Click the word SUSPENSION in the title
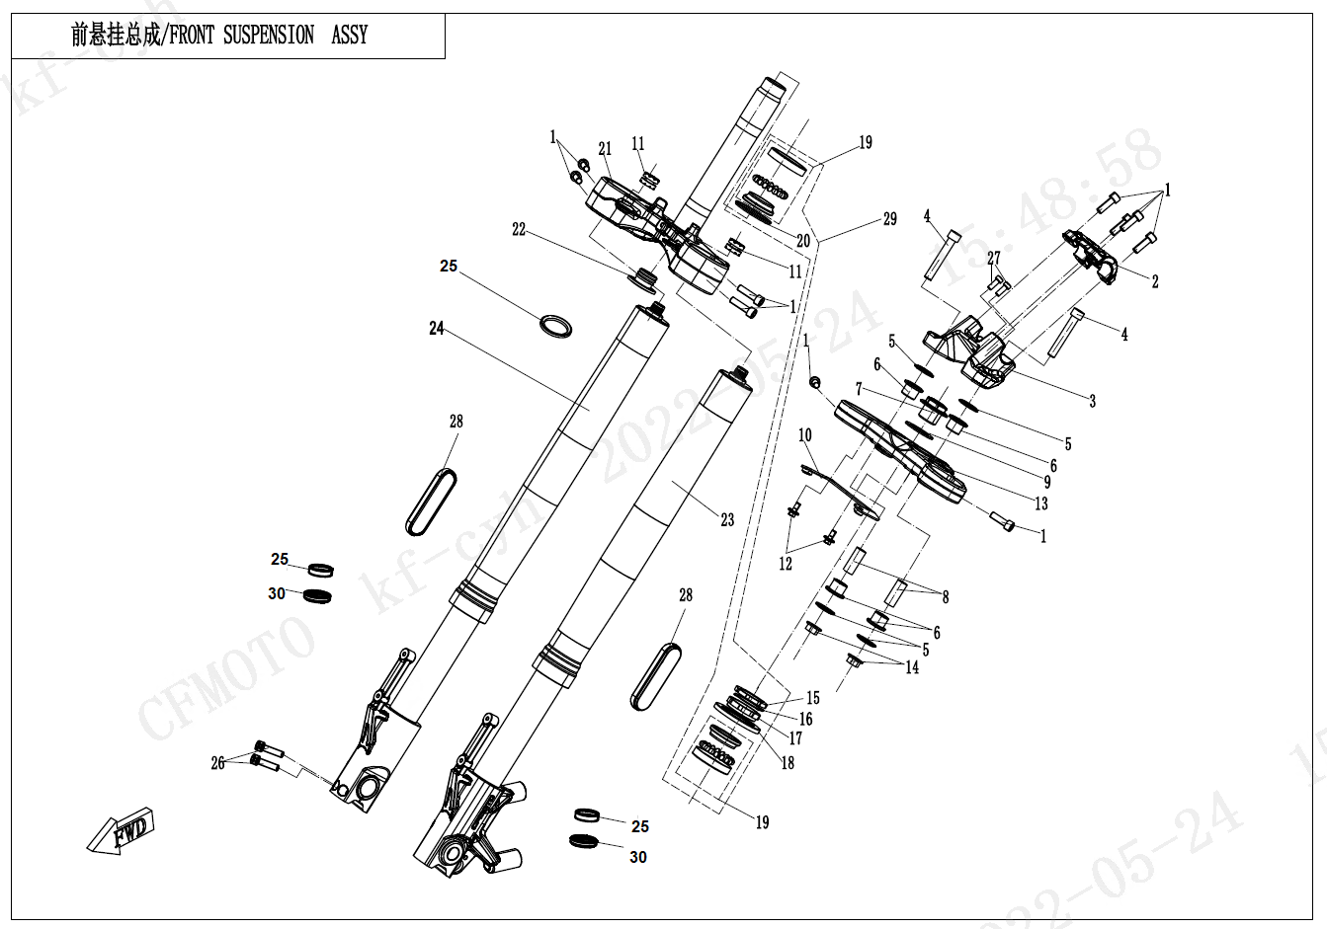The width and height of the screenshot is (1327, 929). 268,36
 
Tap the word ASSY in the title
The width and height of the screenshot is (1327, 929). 349,36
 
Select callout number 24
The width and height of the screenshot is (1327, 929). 437,328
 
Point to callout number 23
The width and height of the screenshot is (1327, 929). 727,519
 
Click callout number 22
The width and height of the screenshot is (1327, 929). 519,230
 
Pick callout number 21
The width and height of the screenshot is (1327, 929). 605,149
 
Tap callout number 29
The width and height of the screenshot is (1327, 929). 889,219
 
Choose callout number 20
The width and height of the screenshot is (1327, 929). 803,240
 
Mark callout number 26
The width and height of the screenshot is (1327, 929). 217,763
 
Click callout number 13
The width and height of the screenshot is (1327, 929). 1041,503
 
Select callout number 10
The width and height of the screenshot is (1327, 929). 805,435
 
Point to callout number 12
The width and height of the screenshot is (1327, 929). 786,565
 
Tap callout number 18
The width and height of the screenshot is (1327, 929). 788,763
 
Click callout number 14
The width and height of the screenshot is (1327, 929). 912,667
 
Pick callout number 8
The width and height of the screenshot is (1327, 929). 946,597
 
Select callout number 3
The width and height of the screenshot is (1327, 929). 1093,401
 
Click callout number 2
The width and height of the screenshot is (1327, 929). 1155,282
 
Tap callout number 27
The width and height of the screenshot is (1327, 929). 993,259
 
